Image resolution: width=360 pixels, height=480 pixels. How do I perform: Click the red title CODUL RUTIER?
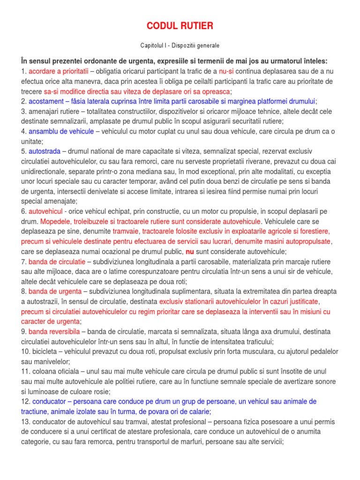pos(180,25)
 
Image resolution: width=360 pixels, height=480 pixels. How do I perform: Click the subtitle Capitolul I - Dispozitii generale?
pos(180,45)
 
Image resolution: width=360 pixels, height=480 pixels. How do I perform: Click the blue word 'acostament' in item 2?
pos(48,101)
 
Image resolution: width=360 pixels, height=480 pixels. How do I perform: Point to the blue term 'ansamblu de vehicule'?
pos(61,131)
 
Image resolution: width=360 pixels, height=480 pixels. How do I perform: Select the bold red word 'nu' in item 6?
pos(190,251)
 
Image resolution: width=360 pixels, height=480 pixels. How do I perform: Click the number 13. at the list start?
pos(25,421)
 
